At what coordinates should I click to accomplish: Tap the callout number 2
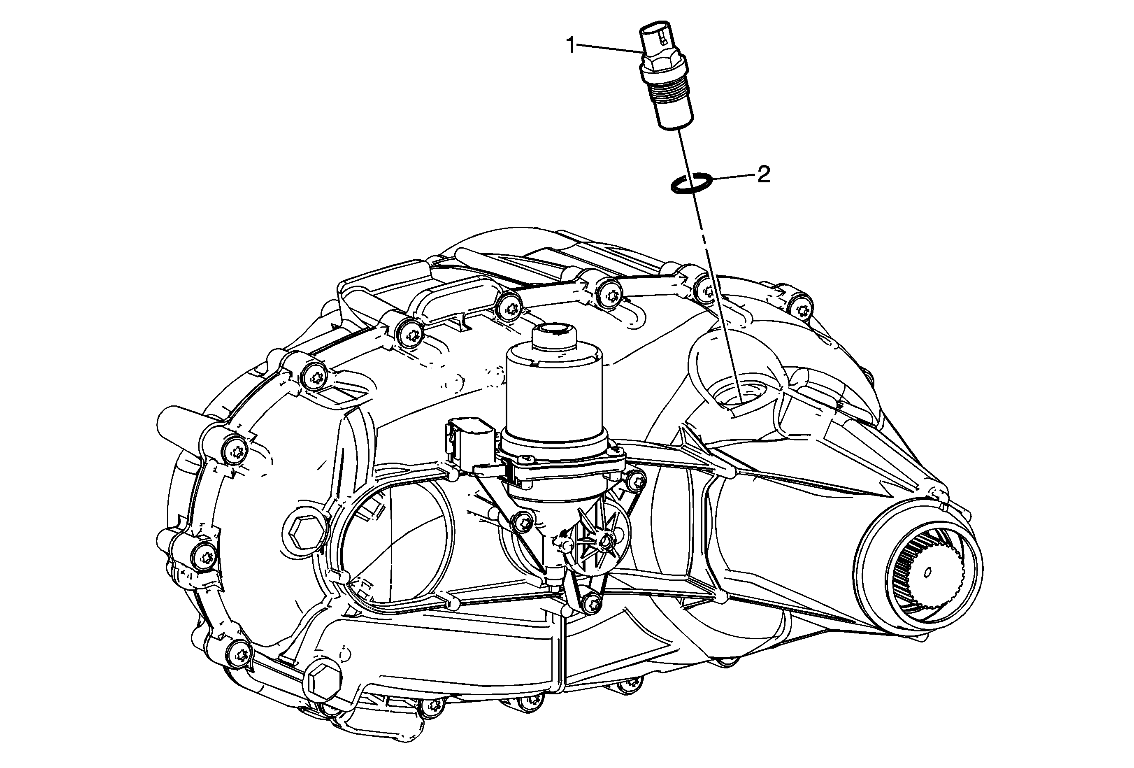[763, 174]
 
